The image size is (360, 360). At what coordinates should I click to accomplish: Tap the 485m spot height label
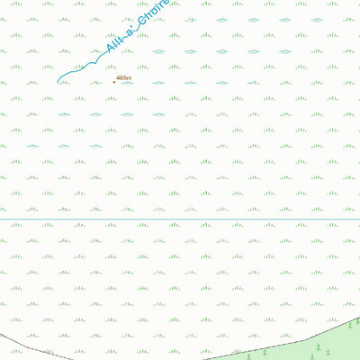click(124, 78)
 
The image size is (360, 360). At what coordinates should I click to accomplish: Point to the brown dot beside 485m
click(114, 82)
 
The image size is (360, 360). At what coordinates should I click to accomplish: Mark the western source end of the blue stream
click(58, 83)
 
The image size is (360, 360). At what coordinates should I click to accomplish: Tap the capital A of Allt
click(109, 52)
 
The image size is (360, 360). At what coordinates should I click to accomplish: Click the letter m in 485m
click(130, 78)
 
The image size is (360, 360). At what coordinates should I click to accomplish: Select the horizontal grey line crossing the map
click(180, 220)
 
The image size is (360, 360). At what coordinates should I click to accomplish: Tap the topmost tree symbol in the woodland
click(356, 320)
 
